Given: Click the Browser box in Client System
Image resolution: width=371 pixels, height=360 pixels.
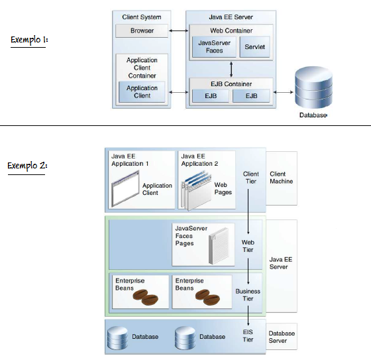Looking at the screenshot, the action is pyautogui.click(x=142, y=30).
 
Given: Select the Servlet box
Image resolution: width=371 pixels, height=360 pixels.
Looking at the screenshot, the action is pyautogui.click(x=254, y=46).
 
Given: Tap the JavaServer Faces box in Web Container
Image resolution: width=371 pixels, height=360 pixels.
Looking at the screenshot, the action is pyautogui.click(x=214, y=46).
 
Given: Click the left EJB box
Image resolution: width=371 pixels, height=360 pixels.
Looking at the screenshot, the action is pyautogui.click(x=211, y=96).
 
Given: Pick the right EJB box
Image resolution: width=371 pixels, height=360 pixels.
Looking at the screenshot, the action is pyautogui.click(x=251, y=96).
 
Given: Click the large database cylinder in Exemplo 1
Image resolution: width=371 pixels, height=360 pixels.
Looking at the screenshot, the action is pyautogui.click(x=314, y=88).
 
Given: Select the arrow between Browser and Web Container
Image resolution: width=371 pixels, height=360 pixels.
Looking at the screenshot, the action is pyautogui.click(x=178, y=30).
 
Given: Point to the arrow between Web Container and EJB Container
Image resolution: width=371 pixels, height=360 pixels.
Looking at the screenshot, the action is pyautogui.click(x=231, y=69).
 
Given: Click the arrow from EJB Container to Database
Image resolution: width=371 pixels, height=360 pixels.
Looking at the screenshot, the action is pyautogui.click(x=284, y=92).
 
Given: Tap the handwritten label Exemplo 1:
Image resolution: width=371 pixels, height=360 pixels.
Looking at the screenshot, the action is pyautogui.click(x=29, y=40).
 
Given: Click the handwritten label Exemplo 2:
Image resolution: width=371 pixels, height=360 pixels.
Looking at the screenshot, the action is pyautogui.click(x=27, y=166).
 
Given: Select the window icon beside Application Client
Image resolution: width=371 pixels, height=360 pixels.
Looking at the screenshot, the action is pyautogui.click(x=125, y=189).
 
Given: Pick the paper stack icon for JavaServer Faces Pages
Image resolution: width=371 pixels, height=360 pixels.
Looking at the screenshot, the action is pyautogui.click(x=219, y=246).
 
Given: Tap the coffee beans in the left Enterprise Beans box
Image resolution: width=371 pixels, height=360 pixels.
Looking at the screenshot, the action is pyautogui.click(x=146, y=297).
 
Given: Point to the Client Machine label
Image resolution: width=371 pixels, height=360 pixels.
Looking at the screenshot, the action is pyautogui.click(x=281, y=178).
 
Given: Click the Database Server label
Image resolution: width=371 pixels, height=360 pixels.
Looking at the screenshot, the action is pyautogui.click(x=282, y=337).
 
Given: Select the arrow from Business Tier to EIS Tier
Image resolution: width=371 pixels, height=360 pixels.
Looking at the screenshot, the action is pyautogui.click(x=248, y=316).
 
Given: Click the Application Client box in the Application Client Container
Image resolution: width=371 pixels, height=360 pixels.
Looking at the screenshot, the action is pyautogui.click(x=142, y=92).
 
